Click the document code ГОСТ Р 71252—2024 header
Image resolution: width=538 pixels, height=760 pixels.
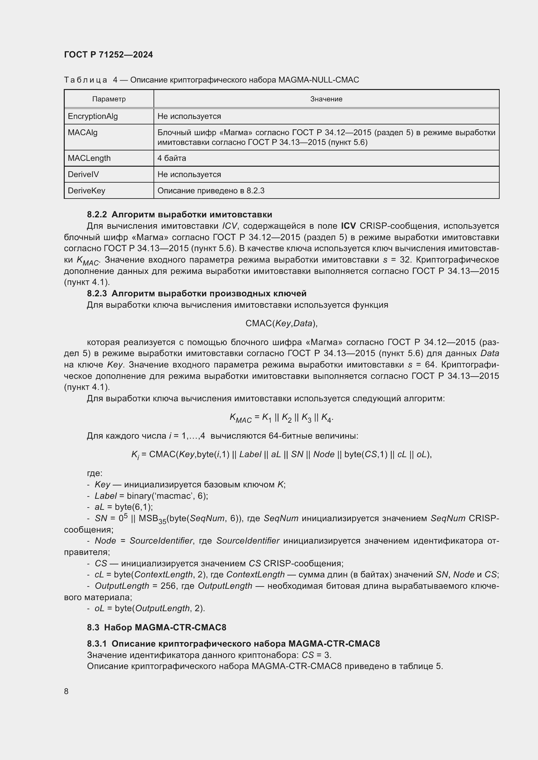(108, 55)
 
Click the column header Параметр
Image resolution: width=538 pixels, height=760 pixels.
(109, 99)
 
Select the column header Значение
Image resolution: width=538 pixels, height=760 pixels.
(326, 99)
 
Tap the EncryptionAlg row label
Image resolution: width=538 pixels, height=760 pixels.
(93, 116)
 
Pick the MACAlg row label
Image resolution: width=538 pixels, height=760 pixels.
(83, 132)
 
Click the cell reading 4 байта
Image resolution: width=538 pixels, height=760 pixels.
(172, 158)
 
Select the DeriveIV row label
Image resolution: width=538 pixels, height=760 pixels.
(83, 174)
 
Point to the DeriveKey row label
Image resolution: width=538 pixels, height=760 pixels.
(87, 191)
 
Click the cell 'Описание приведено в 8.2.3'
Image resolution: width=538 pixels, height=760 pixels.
(211, 191)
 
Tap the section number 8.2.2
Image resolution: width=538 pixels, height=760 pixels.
(97, 214)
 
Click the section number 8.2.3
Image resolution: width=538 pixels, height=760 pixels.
(97, 294)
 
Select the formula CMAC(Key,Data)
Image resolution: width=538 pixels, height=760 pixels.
(281, 323)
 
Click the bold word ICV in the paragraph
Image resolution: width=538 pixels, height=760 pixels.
(348, 226)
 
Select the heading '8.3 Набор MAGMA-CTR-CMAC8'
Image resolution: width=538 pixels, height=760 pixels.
(156, 627)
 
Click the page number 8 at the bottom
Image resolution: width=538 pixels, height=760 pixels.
(66, 691)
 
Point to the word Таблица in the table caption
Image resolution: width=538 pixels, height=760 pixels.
(86, 80)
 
